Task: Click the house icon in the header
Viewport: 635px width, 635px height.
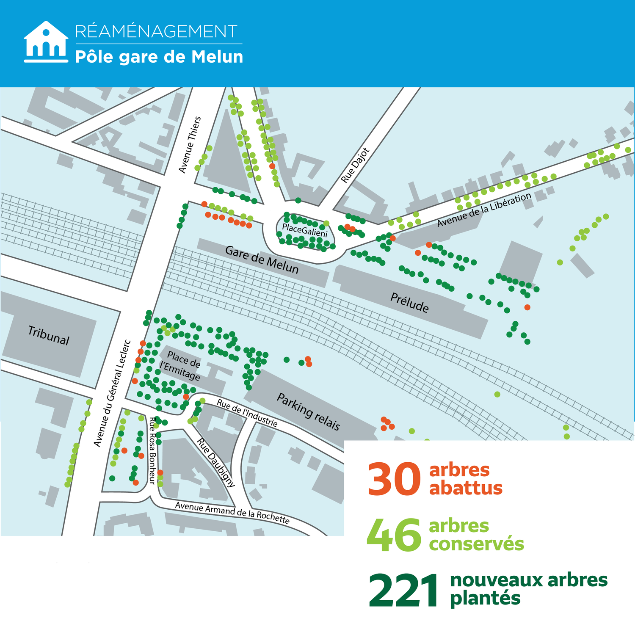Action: (46, 42)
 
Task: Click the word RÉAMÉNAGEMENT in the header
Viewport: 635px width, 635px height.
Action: (156, 32)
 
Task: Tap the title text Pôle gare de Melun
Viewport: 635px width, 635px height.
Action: (159, 57)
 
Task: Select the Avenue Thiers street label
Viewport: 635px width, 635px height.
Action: (190, 145)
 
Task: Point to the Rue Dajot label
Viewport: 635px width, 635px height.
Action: (355, 166)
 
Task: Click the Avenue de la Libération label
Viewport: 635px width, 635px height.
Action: (484, 210)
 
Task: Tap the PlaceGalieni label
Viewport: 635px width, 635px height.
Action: (305, 231)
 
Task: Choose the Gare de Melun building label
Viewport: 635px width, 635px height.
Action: (262, 260)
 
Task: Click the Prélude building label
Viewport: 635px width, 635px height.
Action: (409, 302)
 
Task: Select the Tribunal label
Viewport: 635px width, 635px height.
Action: (48, 336)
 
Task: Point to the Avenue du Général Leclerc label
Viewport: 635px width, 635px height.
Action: (112, 393)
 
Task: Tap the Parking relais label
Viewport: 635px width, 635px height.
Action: (308, 411)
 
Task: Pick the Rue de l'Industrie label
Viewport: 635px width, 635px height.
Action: (247, 413)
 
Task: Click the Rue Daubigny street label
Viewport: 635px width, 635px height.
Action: (215, 463)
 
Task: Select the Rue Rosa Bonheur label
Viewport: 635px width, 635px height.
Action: (152, 450)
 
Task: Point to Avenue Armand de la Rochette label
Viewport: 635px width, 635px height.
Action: (232, 513)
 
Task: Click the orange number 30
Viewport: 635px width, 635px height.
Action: (394, 479)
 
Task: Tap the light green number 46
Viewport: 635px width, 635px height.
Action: (394, 536)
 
